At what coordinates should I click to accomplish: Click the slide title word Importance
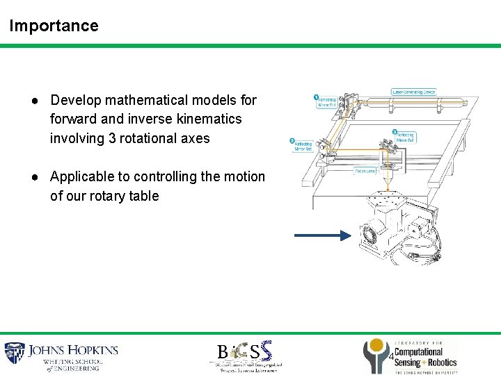54,26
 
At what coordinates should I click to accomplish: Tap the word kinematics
208,119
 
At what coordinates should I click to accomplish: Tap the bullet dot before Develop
34,100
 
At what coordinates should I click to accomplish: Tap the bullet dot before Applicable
34,176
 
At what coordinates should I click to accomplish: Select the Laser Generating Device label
413,92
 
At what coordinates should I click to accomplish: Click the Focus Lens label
365,170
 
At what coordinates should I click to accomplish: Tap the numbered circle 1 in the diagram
315,97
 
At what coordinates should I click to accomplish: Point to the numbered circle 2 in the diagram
292,140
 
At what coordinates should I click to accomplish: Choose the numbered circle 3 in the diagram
395,132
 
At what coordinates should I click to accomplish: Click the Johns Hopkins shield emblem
15,354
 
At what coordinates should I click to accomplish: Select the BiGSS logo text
243,351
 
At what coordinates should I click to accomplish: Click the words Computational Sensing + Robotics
425,358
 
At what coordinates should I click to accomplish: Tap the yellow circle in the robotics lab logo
376,346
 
